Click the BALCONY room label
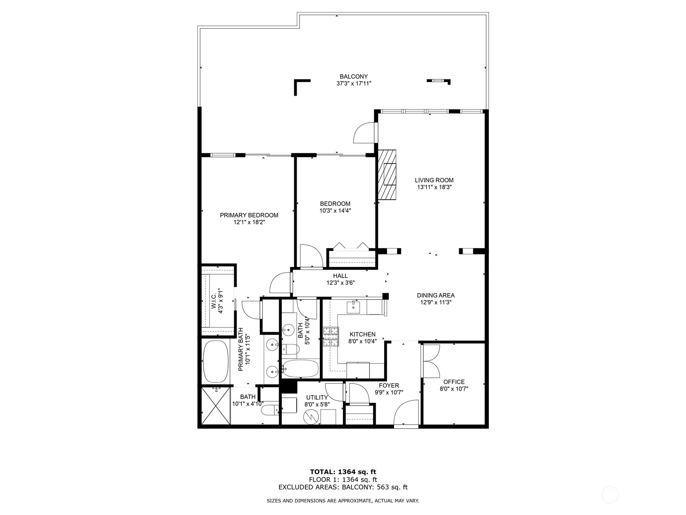pyautogui.click(x=353, y=76)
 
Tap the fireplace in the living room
pyautogui.click(x=387, y=175)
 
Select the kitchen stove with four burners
pyautogui.click(x=331, y=336)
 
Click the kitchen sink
pyautogui.click(x=353, y=306)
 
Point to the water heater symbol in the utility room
pyautogui.click(x=311, y=416)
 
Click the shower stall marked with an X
pyautogui.click(x=216, y=406)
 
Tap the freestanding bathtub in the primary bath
pyautogui.click(x=216, y=361)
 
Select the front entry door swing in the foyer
pyautogui.click(x=406, y=413)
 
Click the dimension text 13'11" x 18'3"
pyautogui.click(x=434, y=187)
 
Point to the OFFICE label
pyautogui.click(x=454, y=382)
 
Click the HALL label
pyautogui.click(x=340, y=276)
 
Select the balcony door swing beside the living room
pyautogui.click(x=364, y=133)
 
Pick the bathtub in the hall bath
pyautogui.click(x=301, y=369)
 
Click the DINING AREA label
pyautogui.click(x=436, y=295)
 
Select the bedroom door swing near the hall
pyautogui.click(x=311, y=256)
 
